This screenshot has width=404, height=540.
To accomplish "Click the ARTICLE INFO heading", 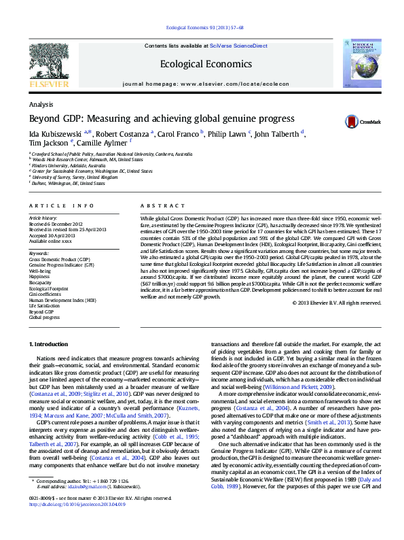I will tap(61, 205).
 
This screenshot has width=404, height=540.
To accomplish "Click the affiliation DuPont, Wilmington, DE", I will tap(69, 184).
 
